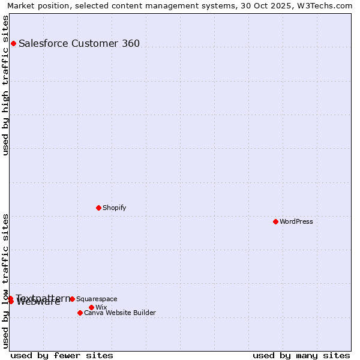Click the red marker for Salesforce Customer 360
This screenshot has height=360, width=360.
tap(13, 43)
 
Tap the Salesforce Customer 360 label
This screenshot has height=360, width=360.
tap(79, 43)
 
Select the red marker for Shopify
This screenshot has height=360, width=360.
tap(98, 208)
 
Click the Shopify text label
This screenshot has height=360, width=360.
tap(114, 208)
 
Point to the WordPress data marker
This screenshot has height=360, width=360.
tap(275, 221)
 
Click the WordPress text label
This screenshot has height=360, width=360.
tap(296, 221)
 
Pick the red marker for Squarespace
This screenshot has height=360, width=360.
tap(72, 299)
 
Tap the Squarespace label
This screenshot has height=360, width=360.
tap(97, 299)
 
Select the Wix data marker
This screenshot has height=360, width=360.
tap(91, 307)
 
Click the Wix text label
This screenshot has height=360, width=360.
tap(101, 307)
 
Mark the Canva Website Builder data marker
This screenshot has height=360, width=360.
tap(80, 313)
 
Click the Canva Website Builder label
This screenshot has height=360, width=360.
tap(120, 313)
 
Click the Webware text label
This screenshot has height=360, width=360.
tap(38, 302)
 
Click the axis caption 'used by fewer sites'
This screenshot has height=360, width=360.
tap(62, 355)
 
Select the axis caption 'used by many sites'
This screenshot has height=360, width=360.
tap(301, 355)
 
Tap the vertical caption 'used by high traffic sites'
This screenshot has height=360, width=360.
tap(5, 85)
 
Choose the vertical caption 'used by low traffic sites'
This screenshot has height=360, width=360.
tap(5, 280)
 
